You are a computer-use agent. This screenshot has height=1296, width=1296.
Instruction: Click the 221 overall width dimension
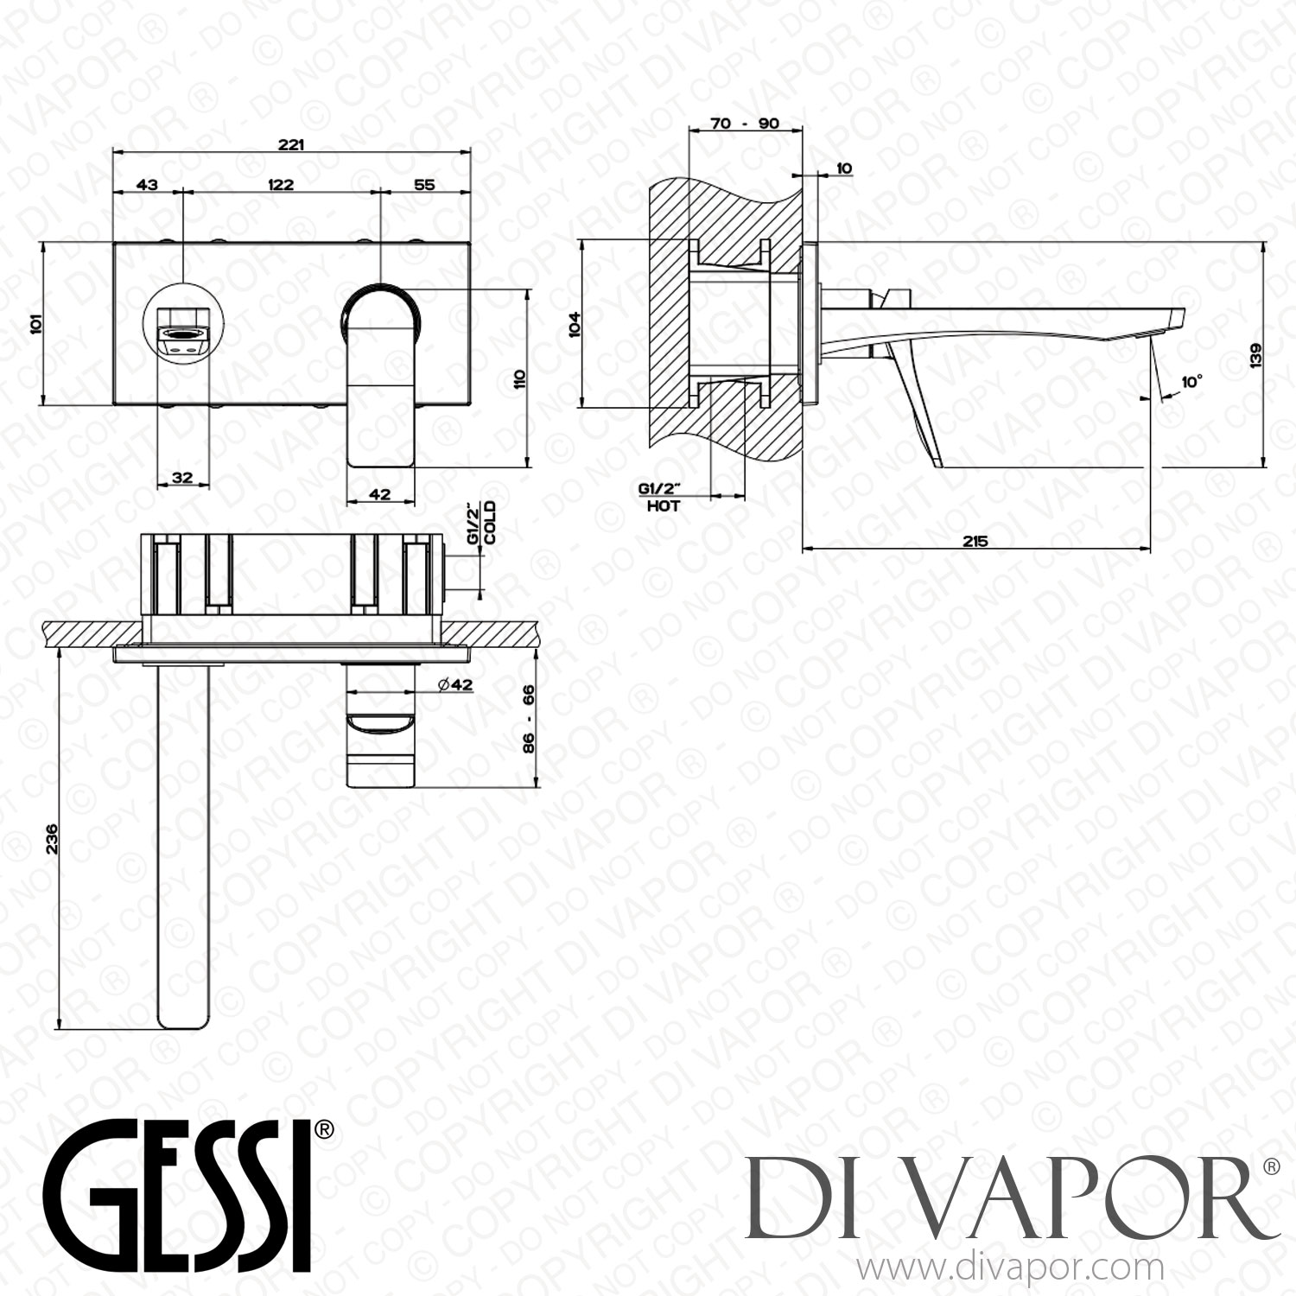tap(290, 144)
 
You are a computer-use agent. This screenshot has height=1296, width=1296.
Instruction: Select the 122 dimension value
tap(281, 184)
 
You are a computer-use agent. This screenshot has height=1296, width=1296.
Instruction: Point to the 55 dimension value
tap(424, 184)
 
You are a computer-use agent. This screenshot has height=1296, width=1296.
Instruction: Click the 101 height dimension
tap(36, 325)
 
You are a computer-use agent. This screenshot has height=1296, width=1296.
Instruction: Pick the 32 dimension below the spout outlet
tap(182, 477)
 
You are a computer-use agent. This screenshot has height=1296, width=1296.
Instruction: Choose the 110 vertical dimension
tap(519, 378)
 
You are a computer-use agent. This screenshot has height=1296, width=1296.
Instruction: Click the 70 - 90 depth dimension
tap(744, 124)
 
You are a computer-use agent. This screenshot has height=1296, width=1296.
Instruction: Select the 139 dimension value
tap(1255, 356)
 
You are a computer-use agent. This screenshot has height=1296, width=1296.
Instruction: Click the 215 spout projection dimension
tap(975, 542)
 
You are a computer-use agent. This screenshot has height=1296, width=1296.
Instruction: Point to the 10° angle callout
tap(1191, 381)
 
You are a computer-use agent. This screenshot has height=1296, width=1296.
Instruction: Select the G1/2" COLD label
tap(481, 523)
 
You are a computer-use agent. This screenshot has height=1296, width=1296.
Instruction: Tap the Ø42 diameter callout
tap(454, 684)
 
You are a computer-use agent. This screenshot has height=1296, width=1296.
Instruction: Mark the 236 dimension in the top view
tap(52, 837)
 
